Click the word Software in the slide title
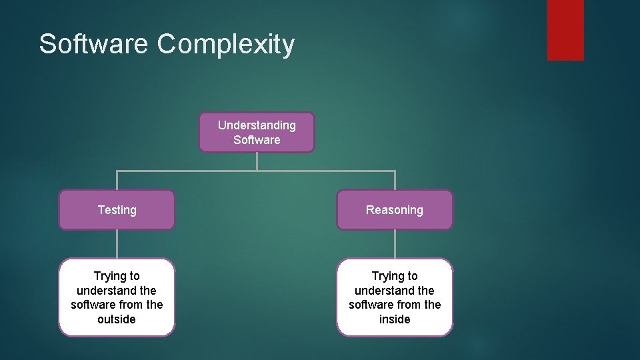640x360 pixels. [x=93, y=44]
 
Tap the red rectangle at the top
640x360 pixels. [x=565, y=29]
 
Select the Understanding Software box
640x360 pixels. [x=257, y=132]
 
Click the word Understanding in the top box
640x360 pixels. [x=257, y=125]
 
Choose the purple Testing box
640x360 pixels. [x=117, y=210]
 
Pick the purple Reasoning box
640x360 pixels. [x=394, y=210]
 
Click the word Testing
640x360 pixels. [x=117, y=210]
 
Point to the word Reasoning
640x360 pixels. [x=394, y=210]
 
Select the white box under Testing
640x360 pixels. [x=117, y=297]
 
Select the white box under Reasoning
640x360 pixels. [x=394, y=297]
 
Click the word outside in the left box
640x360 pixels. [x=117, y=319]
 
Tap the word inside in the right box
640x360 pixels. [x=394, y=319]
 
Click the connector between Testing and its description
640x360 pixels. [x=117, y=244]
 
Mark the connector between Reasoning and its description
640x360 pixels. [x=395, y=244]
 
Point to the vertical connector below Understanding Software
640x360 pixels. [x=257, y=161]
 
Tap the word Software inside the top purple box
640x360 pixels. [x=257, y=140]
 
